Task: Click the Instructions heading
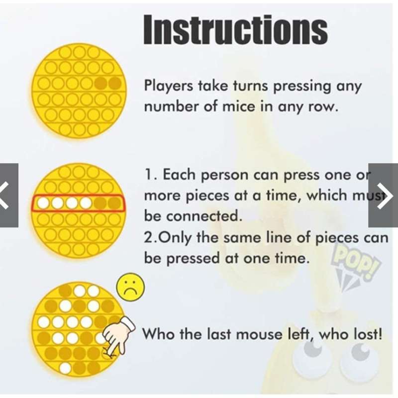[x=235, y=30]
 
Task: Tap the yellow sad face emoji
[x=130, y=288]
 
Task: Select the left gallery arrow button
[x=9, y=195]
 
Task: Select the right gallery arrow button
[x=383, y=195]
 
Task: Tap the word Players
[x=169, y=86]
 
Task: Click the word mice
[x=239, y=106]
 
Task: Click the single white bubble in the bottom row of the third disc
[x=66, y=368]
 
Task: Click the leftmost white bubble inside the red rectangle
[x=43, y=203]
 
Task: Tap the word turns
[x=250, y=86]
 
